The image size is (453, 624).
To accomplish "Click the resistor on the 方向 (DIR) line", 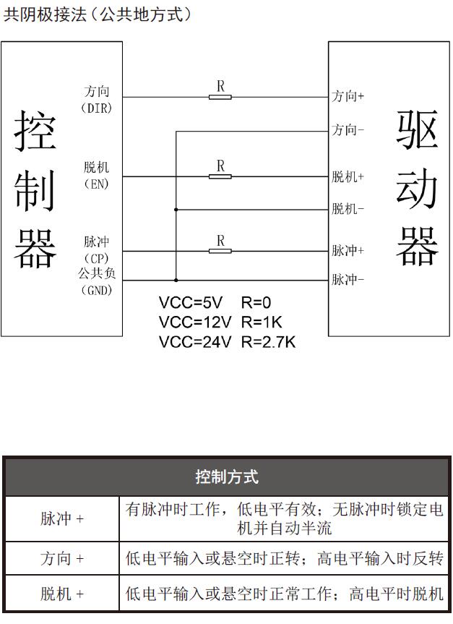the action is (x=220, y=97).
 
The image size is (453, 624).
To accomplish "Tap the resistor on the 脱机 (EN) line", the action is (x=220, y=176).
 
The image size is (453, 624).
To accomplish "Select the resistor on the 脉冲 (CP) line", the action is (x=220, y=251).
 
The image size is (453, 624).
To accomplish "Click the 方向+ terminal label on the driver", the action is (x=348, y=96).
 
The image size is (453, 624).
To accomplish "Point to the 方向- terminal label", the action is (x=348, y=129).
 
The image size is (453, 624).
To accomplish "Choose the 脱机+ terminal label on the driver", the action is (x=348, y=176).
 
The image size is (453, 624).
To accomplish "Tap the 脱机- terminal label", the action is (x=348, y=208).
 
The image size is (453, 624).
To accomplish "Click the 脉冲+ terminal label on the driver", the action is (x=348, y=250).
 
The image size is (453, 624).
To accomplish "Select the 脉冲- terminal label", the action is (x=348, y=280).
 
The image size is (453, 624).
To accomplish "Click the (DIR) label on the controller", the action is (x=97, y=108).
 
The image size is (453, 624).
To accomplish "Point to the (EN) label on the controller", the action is (x=97, y=184).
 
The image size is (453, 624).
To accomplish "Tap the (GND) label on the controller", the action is (x=97, y=290).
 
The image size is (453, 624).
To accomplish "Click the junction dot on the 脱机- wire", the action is (x=176, y=210).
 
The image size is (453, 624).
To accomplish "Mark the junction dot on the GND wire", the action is (x=176, y=280).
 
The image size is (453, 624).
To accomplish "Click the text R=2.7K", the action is (x=269, y=342).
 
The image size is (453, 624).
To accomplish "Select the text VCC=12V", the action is (x=195, y=322).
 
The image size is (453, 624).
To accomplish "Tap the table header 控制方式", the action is (x=227, y=476).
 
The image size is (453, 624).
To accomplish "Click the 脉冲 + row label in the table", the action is (x=62, y=519).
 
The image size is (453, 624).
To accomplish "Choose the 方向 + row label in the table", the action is (x=62, y=558).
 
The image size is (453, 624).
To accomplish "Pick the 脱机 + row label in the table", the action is (x=62, y=594).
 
